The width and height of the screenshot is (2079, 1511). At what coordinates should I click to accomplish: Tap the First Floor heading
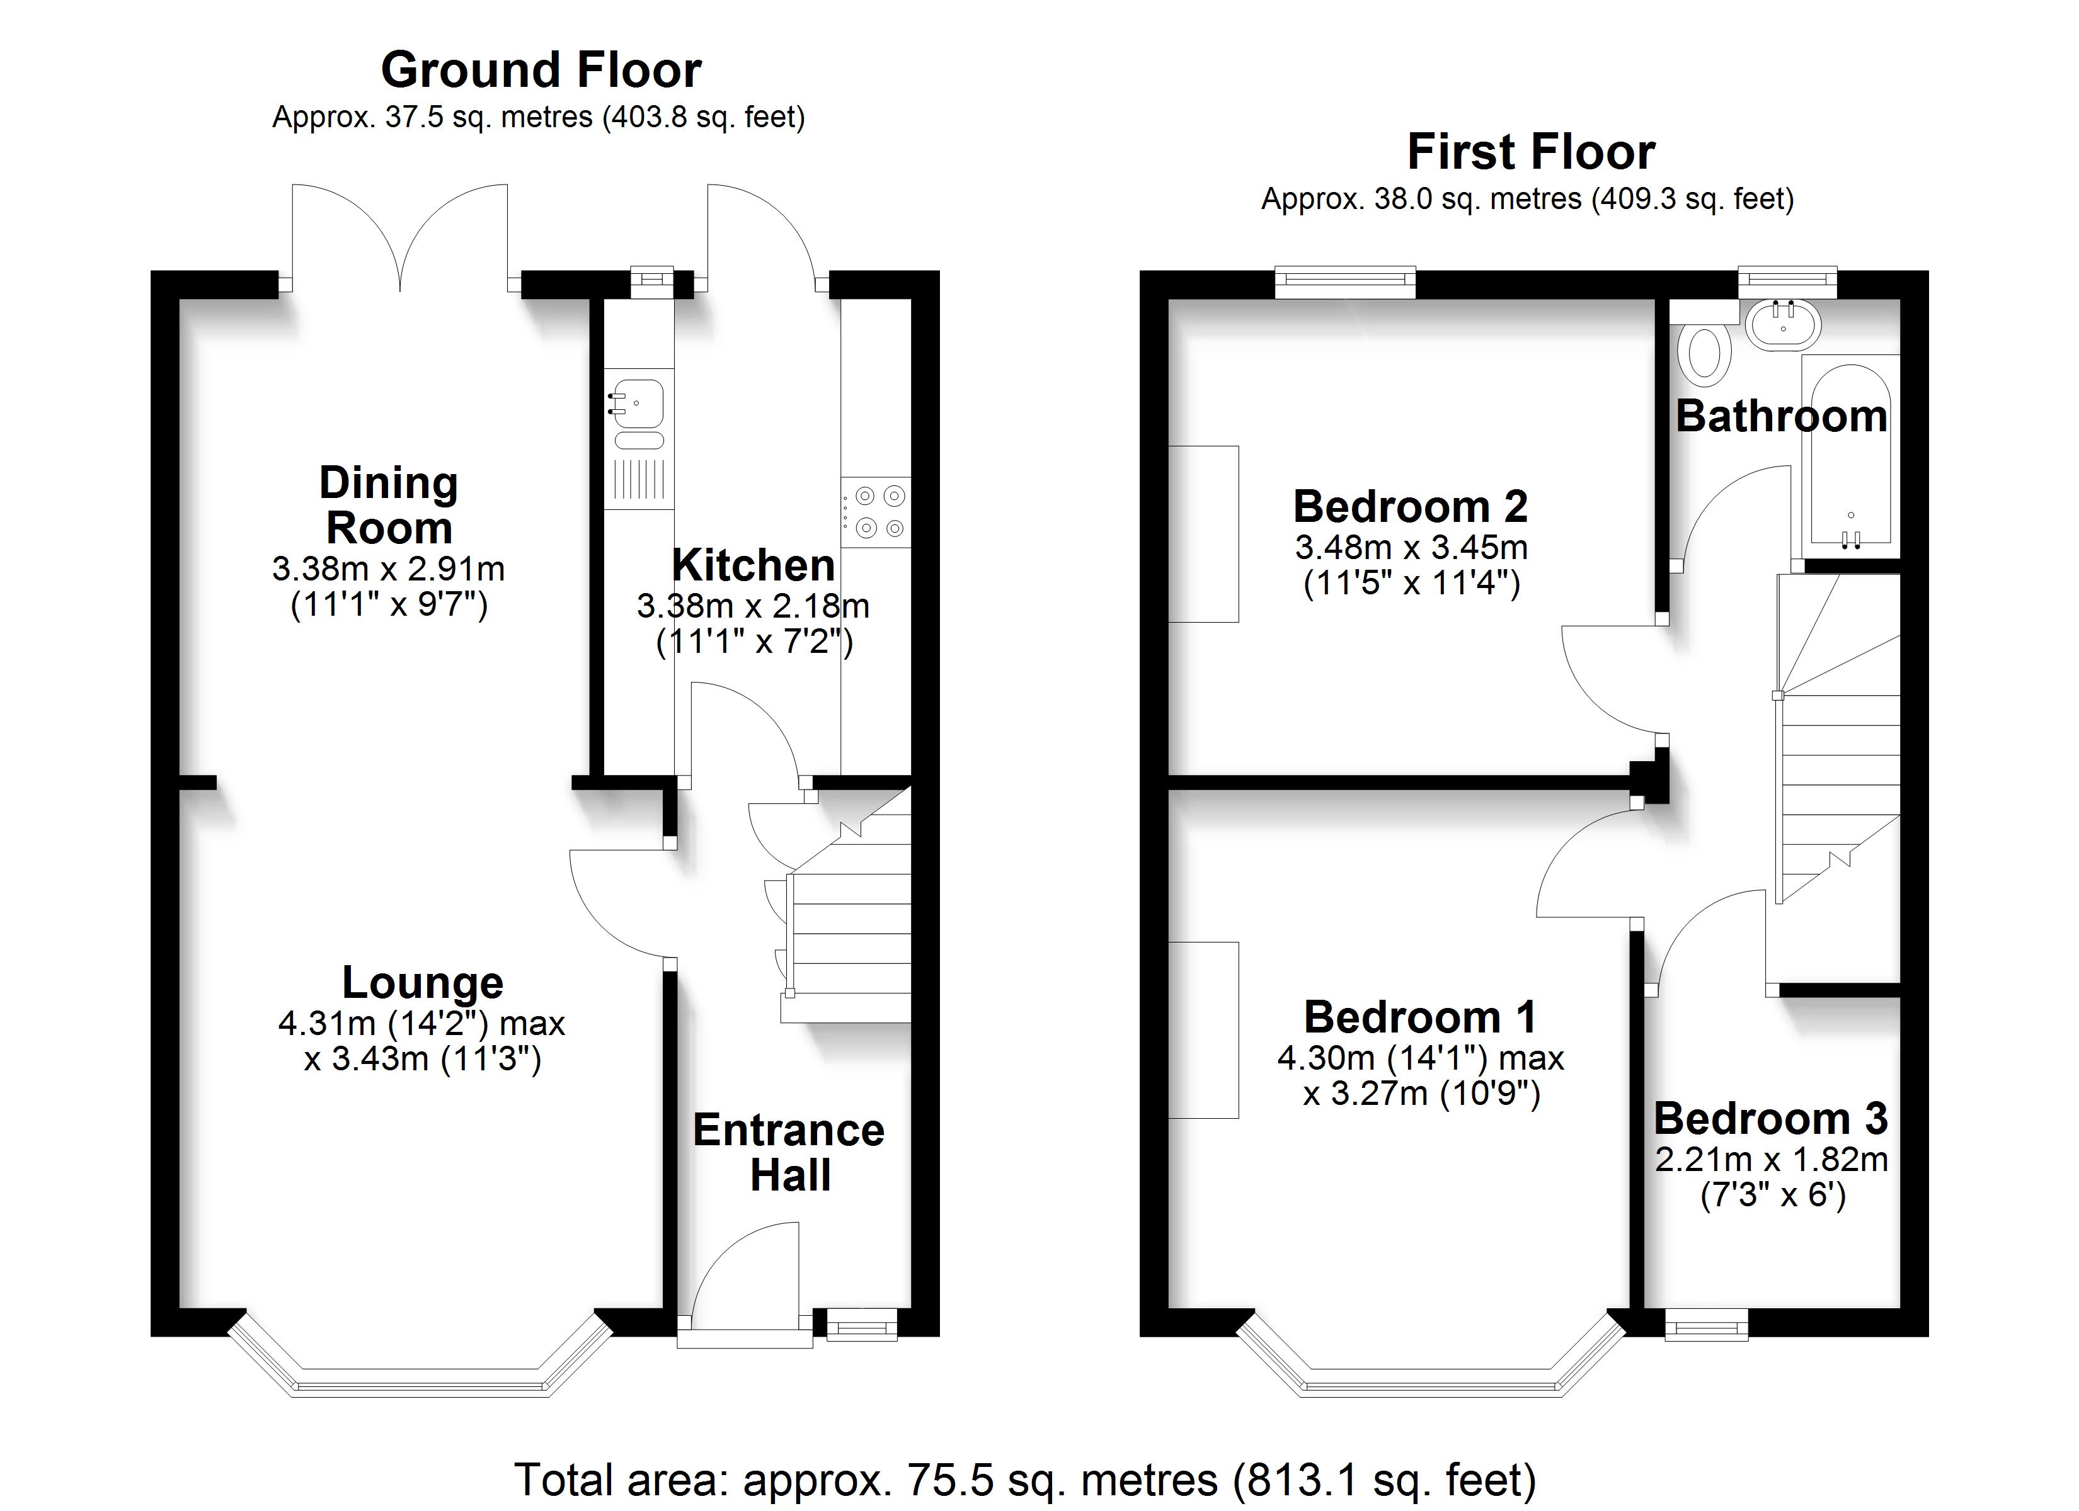tap(1531, 152)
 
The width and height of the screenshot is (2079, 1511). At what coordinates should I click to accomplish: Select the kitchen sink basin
tap(638, 403)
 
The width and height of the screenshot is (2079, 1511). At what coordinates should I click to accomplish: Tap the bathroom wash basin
tap(1783, 325)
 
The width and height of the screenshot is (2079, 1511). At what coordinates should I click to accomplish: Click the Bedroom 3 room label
tap(1771, 1119)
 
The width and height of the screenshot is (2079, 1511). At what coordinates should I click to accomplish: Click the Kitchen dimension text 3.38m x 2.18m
tap(753, 606)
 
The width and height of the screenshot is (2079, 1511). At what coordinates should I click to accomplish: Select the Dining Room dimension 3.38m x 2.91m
tap(389, 569)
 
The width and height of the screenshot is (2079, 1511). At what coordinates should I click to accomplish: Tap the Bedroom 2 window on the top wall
tap(1346, 282)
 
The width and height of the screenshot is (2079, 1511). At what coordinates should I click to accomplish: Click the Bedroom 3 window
tap(1706, 1324)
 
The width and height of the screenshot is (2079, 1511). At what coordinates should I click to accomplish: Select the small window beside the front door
tap(862, 1324)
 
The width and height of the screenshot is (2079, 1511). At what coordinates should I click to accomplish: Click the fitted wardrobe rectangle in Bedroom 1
tap(1203, 1030)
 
